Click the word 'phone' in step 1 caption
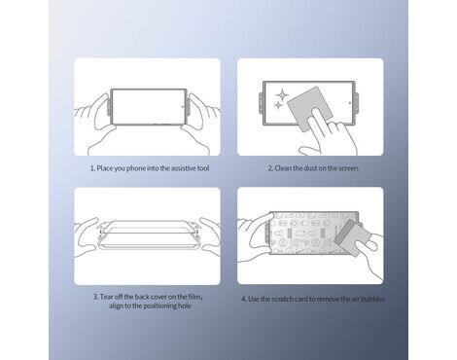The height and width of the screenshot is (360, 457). tap(136, 168)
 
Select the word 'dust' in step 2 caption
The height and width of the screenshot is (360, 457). tap(311, 168)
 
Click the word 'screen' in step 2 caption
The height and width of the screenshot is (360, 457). tap(348, 168)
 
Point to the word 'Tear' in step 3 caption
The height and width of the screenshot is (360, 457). tap(106, 297)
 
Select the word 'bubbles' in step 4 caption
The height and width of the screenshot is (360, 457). tap(372, 299)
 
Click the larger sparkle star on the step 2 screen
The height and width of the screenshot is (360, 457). tap(282, 94)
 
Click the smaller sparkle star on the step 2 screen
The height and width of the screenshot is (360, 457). tap(278, 105)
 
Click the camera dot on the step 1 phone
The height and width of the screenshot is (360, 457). tap(183, 106)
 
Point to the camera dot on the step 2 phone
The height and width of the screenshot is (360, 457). tap(350, 103)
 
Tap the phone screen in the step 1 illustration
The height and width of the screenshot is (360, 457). tap(149, 106)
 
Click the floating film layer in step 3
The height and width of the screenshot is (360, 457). tap(148, 229)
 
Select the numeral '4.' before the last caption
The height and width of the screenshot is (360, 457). tap(244, 299)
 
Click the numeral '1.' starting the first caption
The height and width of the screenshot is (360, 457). tap(92, 168)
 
